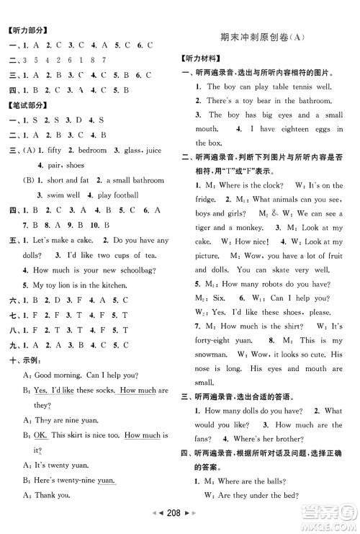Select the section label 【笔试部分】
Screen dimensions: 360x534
[x=27, y=105]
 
